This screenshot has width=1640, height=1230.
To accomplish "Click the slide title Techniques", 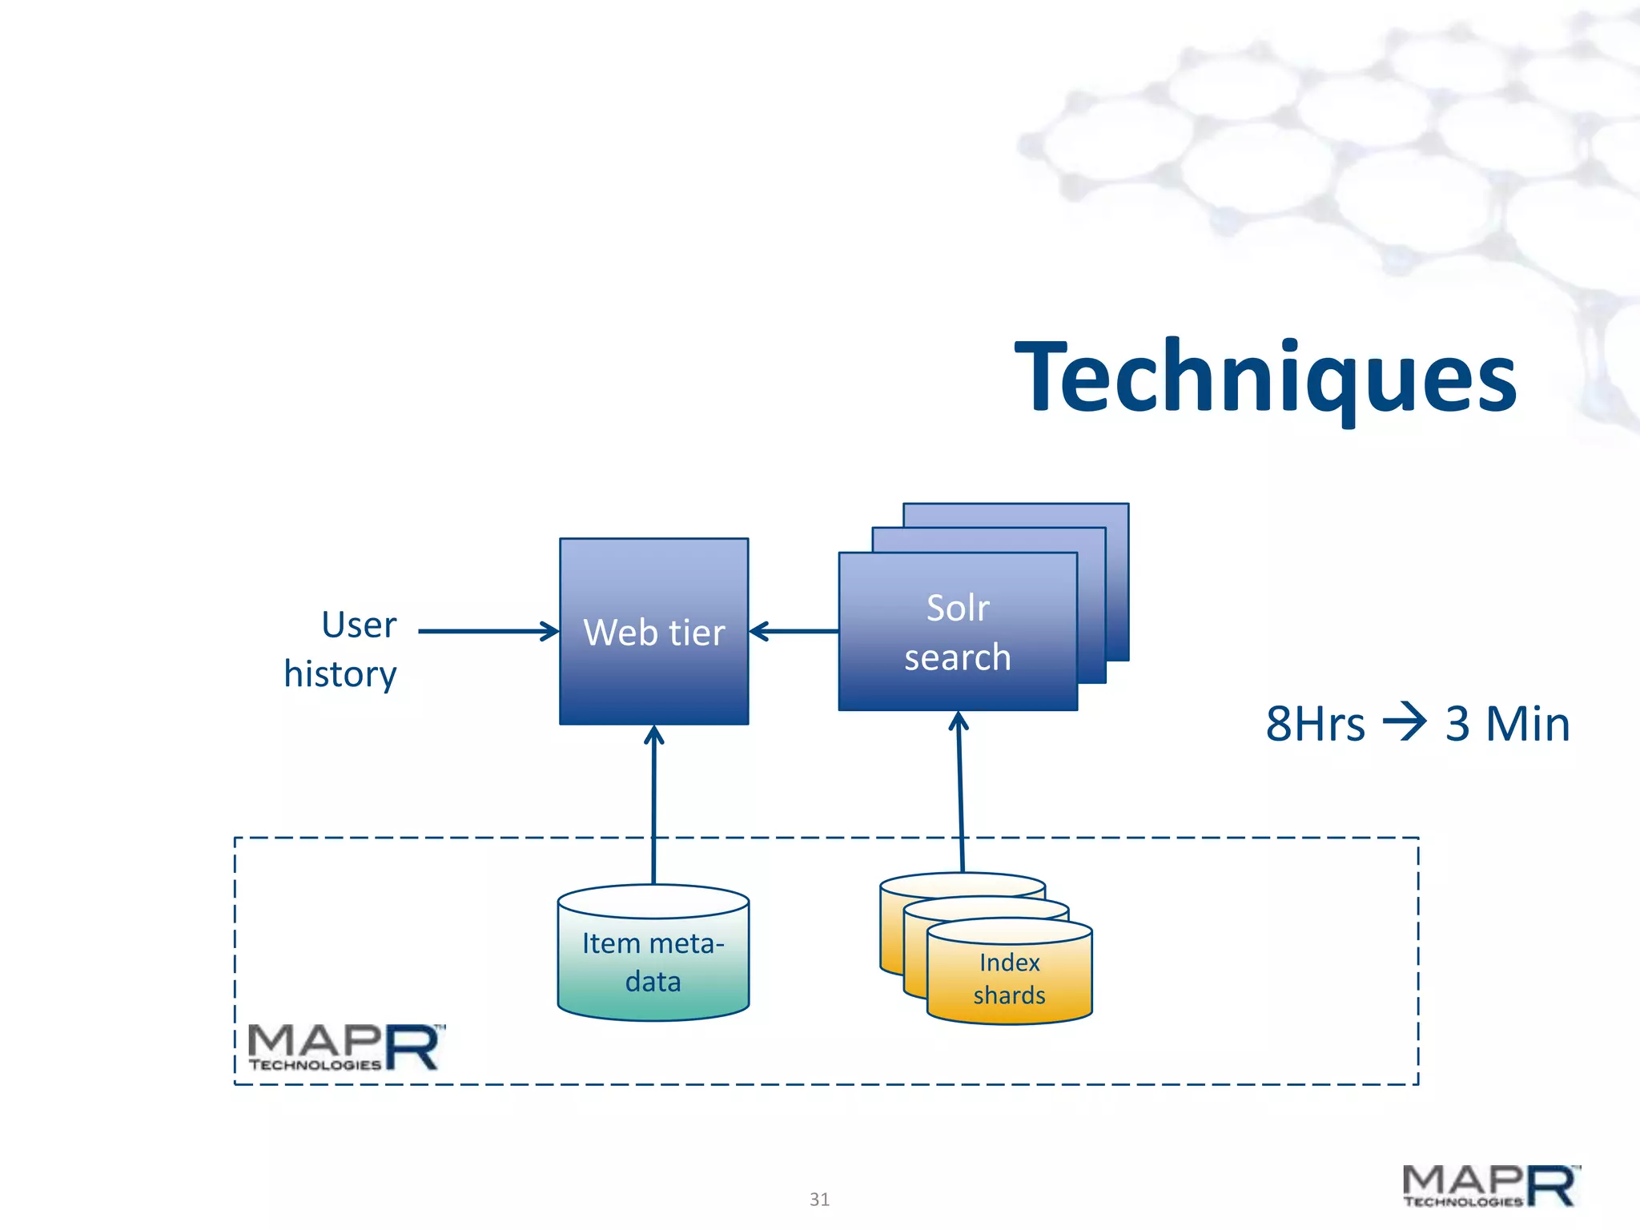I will pos(1265,376).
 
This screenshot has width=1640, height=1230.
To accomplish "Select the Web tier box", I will pos(653,632).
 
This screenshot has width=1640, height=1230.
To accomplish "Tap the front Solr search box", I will pos(957,632).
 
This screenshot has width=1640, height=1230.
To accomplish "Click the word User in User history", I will pos(359,625).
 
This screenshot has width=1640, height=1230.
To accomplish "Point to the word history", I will pos(340,674).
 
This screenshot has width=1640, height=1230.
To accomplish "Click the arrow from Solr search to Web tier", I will pos(793,631).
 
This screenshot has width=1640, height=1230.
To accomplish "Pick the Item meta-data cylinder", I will pos(653,961).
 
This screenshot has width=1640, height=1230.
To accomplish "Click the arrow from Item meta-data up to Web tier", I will pos(654,801).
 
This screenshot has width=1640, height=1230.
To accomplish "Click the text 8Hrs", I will pos(1315,725).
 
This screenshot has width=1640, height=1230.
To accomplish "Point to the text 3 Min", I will pos(1507,725).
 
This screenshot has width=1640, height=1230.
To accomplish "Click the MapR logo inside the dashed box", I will pos(344,1047).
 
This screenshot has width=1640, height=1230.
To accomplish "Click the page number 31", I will pos(819,1199).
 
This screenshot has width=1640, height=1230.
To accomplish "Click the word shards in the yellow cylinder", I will pos(1009,995).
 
